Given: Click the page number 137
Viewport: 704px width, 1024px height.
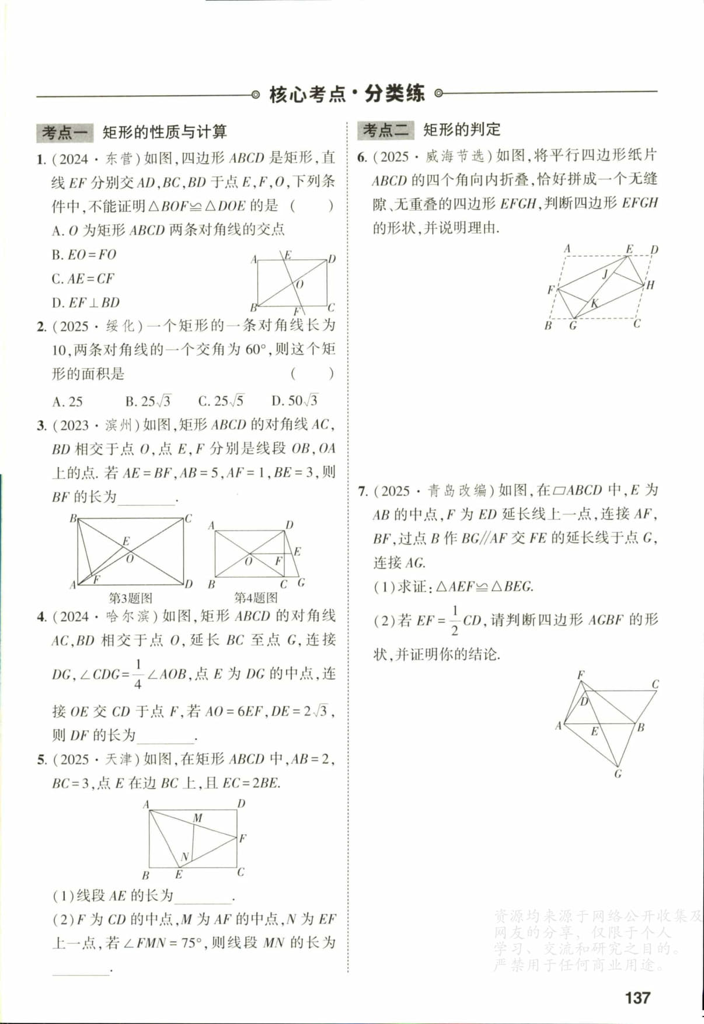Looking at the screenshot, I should (x=637, y=997).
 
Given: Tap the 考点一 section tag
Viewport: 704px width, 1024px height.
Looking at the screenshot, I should (x=64, y=133).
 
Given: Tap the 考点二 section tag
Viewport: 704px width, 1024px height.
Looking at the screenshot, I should (x=385, y=130).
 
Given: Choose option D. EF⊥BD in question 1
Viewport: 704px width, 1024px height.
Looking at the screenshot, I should (x=85, y=302).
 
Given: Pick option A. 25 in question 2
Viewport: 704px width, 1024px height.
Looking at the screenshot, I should (x=67, y=401).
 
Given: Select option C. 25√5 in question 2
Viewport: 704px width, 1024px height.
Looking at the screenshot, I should (x=221, y=401).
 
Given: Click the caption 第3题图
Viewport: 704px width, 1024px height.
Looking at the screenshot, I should (x=131, y=598).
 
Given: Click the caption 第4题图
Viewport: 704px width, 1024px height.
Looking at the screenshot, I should (x=256, y=597).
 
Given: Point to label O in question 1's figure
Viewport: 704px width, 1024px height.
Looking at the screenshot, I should (x=299, y=284).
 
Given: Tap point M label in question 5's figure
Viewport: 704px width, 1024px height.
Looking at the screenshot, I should (x=198, y=818).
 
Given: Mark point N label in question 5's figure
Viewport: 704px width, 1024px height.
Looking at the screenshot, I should (x=184, y=856).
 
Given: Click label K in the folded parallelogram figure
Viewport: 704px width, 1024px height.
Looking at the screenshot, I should (x=594, y=304).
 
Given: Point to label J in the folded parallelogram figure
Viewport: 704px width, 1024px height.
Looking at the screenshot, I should (x=605, y=274).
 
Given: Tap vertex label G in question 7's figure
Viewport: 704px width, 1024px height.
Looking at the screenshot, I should (x=618, y=774).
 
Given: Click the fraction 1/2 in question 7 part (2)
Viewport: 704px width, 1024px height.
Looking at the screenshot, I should (x=454, y=620).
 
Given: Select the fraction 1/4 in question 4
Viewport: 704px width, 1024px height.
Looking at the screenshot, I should (x=138, y=674).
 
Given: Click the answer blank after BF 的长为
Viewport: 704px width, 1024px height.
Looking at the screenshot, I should (x=147, y=498).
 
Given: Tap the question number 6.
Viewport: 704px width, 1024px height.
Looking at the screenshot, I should (x=361, y=156).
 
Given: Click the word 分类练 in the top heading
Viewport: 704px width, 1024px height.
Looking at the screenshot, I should (x=395, y=93).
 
